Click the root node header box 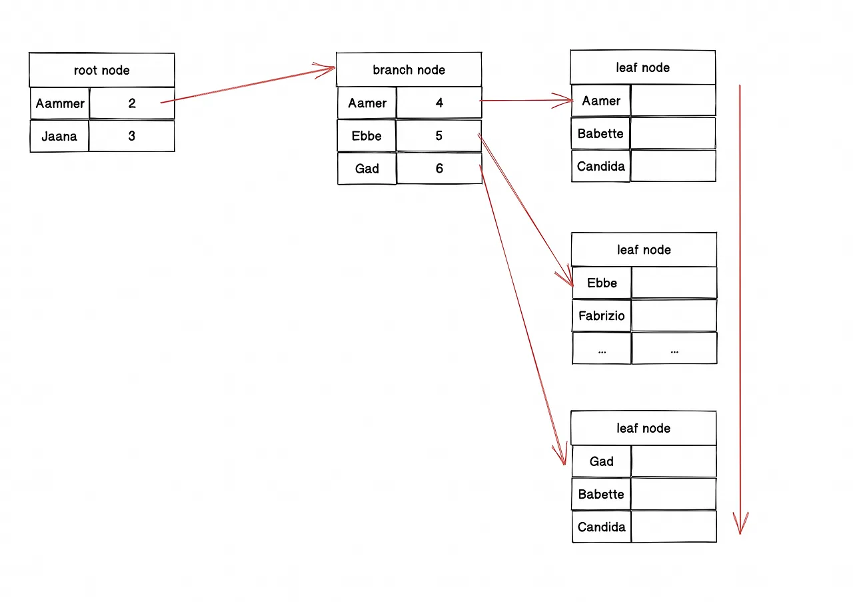coord(102,70)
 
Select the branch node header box coord(409,70)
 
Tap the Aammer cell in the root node coord(60,103)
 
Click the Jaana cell coord(59,136)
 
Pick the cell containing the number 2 coord(132,103)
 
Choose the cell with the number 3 coord(132,136)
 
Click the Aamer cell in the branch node coord(367,103)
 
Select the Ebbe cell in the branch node coord(367,135)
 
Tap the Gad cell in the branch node coord(367,169)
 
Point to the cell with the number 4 coord(439,103)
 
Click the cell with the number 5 coord(438,135)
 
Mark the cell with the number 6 coord(439,169)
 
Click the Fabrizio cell coord(602,315)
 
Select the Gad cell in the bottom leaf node coord(601,461)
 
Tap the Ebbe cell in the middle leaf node coord(602,283)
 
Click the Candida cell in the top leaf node coord(601,166)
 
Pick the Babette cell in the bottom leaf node coord(601,494)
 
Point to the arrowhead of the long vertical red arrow coord(740,534)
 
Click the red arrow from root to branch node coord(248,85)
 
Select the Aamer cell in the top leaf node coord(601,101)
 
